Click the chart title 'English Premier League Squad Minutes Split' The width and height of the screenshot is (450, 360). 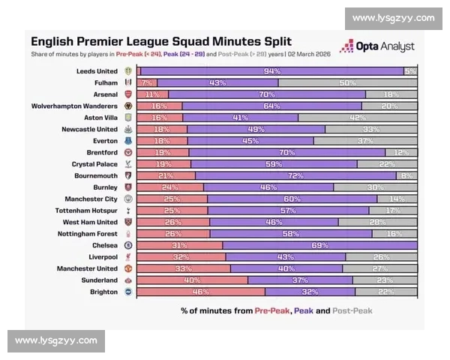point(160,41)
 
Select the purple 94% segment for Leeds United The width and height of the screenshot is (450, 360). point(271,71)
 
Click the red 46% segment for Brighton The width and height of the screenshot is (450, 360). point(200,292)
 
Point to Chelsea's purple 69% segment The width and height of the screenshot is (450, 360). point(319,245)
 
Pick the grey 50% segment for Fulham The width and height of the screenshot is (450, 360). point(347,83)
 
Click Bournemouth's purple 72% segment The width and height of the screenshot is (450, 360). point(295,175)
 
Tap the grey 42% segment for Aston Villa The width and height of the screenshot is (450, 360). point(358,118)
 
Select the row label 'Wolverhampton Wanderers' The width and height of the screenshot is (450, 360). point(75,106)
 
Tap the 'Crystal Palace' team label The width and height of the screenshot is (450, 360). point(94,164)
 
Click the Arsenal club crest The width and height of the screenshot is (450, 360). point(127,94)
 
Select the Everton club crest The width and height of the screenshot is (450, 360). point(127,141)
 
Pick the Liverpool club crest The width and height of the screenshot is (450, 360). point(127,256)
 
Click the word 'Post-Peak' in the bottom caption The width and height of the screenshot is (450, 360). point(352,310)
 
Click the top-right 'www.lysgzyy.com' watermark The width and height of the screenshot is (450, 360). point(393,18)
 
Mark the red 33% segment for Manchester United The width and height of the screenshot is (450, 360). point(183,268)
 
